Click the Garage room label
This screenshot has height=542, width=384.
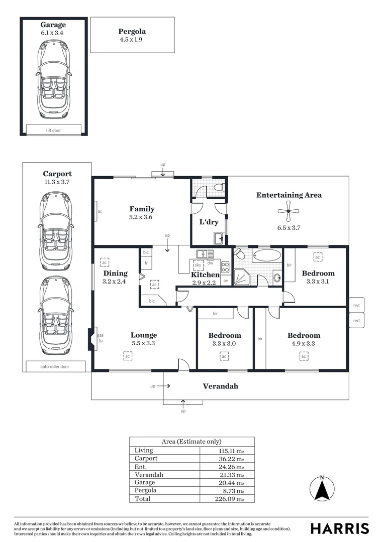tap(53, 25)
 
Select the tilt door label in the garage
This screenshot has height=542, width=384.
tap(53, 130)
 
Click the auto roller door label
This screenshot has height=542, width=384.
tap(55, 366)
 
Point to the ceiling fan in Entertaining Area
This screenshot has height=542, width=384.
tap(289, 212)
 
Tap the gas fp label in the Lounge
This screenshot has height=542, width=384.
tap(100, 338)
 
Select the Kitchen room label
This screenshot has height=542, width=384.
tap(205, 275)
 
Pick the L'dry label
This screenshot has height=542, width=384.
tap(208, 222)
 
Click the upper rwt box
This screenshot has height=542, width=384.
tap(356, 305)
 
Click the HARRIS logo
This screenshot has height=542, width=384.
tap(339, 528)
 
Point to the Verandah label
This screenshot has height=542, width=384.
tap(220, 386)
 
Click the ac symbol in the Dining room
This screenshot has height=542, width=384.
tap(105, 262)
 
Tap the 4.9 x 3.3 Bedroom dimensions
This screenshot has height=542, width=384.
tap(304, 344)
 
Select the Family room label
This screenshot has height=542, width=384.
tap(142, 209)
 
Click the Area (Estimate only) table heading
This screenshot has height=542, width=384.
tap(191, 441)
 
